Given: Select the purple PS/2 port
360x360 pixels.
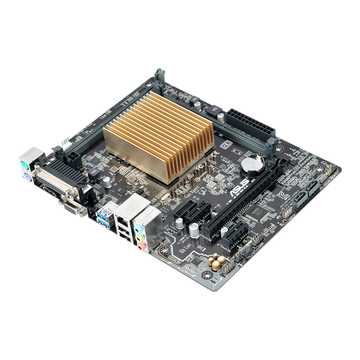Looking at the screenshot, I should [x=26, y=176].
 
